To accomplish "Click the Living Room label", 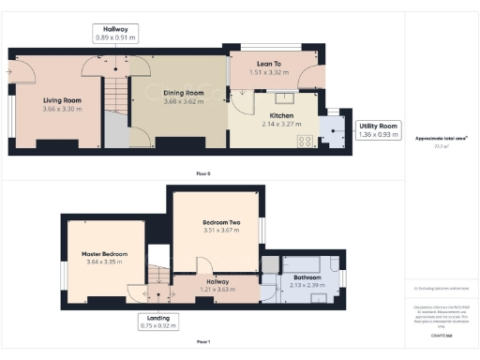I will [x=62, y=100].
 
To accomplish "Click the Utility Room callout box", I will [x=378, y=130].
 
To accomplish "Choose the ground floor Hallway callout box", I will [x=117, y=33].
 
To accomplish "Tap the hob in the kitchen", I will [x=305, y=142].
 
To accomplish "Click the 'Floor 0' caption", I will [x=203, y=174].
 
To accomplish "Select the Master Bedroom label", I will [x=103, y=253].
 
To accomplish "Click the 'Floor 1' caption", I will [x=203, y=341].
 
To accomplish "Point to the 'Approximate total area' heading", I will [x=442, y=138].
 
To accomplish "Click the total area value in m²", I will [x=442, y=146].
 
